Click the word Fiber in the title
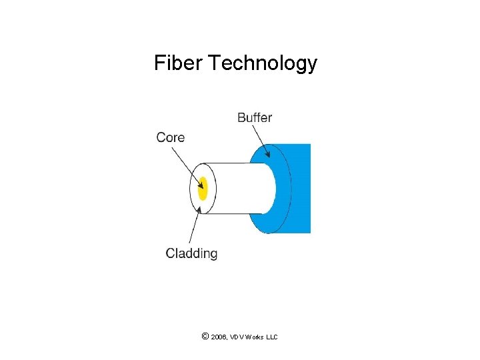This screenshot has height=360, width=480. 178,63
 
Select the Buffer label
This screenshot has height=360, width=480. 255,118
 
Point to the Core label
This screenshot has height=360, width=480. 170,137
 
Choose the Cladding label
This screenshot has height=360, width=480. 191,253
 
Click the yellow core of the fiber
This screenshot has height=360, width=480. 203,188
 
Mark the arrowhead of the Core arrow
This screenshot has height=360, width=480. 199,181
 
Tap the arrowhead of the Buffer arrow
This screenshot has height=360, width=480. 267,154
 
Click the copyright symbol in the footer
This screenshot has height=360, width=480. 204,337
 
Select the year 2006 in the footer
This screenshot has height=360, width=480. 218,337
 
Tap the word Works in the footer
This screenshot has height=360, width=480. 255,337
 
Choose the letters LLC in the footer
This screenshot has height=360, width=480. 272,337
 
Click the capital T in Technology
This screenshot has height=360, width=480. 213,63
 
